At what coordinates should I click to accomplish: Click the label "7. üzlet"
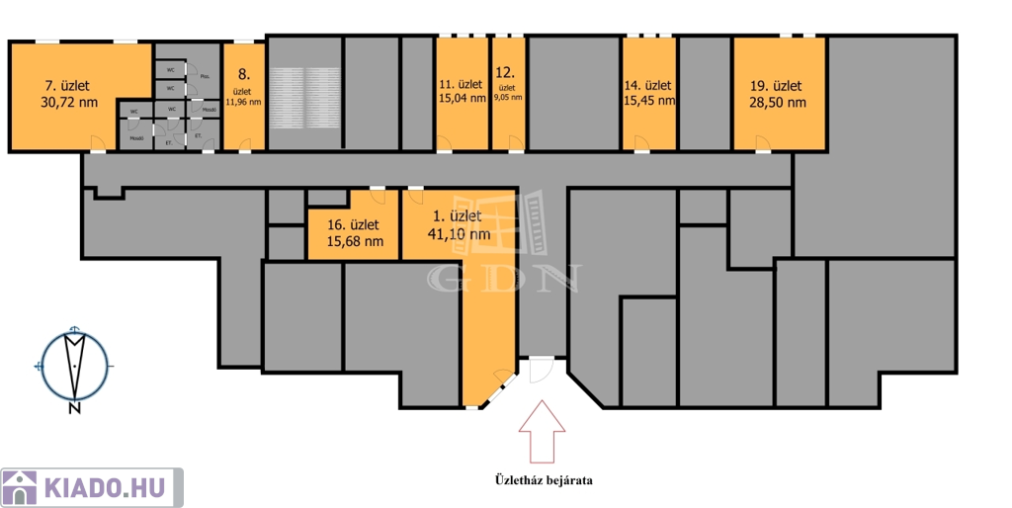point(67,85)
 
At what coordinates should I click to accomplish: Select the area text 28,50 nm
point(778,102)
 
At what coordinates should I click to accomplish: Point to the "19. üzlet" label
point(777,86)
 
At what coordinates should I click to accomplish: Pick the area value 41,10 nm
point(458,234)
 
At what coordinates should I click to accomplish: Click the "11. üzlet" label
point(461,84)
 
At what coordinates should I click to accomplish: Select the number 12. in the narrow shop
point(505,72)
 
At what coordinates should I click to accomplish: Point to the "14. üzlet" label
point(648,85)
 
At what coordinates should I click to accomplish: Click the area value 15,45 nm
point(649,100)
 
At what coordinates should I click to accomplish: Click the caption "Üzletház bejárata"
point(543,480)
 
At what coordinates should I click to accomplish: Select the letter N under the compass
point(74,407)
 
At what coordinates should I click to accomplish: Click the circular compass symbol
point(74,364)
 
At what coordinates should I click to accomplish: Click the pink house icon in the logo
point(19,487)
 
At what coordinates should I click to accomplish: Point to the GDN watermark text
point(503,279)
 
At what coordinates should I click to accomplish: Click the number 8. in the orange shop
point(243,73)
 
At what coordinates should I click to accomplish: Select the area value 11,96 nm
point(243,102)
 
